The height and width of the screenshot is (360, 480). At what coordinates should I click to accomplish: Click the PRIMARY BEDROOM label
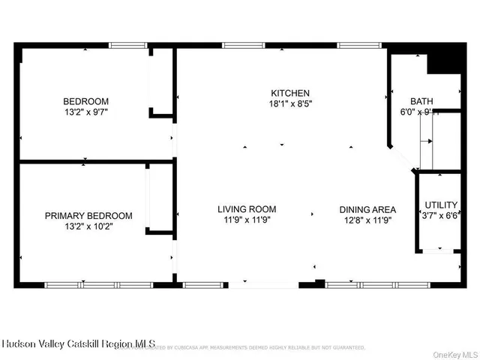88,215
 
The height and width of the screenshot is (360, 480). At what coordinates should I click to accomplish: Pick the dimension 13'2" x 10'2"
88,226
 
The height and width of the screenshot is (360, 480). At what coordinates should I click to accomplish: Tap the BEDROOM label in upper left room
85,102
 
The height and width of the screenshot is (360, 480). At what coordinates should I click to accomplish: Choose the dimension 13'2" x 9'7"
85,112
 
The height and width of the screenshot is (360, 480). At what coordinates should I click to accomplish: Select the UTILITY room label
441,205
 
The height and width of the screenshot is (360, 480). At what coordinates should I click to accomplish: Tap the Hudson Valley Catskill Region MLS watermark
78,344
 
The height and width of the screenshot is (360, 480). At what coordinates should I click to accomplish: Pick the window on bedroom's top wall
127,46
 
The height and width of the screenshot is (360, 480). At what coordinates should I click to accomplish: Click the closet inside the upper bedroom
161,82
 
